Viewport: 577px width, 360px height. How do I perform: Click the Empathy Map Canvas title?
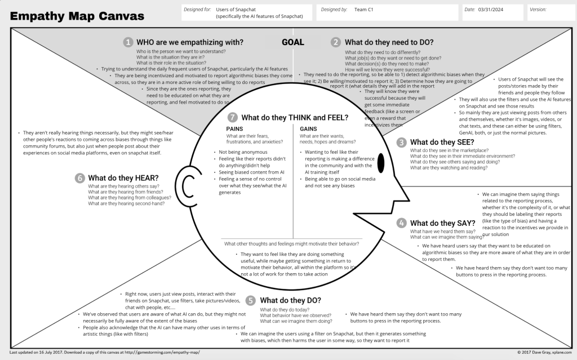tap(77, 16)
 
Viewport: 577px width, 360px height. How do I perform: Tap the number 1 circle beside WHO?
tap(128, 42)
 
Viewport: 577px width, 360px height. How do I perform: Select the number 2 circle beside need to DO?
tap(336, 42)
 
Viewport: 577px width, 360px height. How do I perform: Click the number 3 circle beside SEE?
tap(401, 142)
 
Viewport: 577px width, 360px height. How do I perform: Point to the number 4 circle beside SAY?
tap(401, 223)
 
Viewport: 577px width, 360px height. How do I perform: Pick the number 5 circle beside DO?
tap(251, 300)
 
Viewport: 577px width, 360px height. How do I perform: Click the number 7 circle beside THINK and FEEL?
tap(232, 118)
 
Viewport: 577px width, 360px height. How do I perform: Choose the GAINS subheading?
tap(308, 129)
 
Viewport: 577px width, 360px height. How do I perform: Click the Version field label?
tap(538, 10)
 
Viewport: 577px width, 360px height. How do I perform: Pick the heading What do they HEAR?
tap(123, 177)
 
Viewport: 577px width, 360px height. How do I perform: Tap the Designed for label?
tap(197, 10)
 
